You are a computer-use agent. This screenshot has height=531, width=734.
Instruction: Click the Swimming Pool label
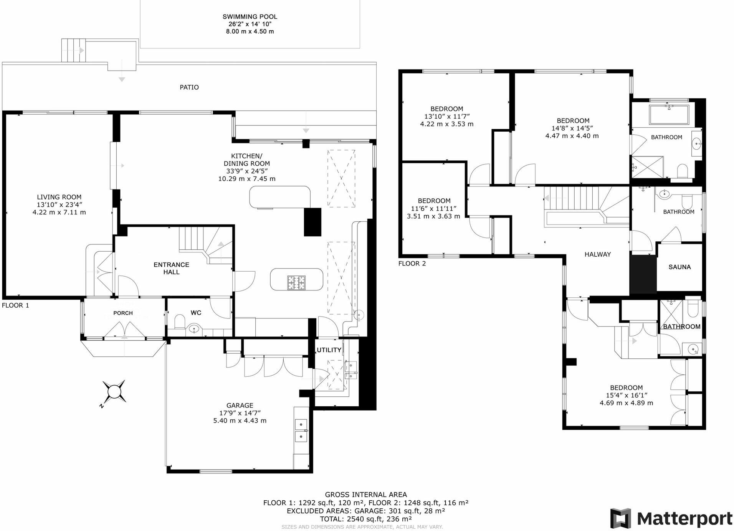point(250,16)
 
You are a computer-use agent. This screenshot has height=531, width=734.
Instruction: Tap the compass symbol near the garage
point(114,392)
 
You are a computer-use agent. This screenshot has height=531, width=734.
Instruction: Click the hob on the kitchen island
point(296,283)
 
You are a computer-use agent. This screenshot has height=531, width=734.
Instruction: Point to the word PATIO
point(189,87)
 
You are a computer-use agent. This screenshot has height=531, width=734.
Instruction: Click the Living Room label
point(59,197)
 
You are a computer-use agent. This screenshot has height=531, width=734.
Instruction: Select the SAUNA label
point(679,267)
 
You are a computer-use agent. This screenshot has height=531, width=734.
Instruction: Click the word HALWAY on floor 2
point(597,254)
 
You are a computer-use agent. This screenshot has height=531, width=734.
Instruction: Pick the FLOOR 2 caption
point(412,264)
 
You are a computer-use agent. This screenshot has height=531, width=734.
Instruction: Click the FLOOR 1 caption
point(15,305)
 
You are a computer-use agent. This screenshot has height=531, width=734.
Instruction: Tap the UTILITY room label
point(329,350)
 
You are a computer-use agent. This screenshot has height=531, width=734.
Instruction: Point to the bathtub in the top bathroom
point(669,114)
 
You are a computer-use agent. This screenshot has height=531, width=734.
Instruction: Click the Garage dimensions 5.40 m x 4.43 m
point(240,421)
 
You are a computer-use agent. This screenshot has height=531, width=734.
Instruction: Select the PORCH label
point(123,313)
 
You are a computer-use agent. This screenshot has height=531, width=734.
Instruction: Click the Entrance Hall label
point(171,268)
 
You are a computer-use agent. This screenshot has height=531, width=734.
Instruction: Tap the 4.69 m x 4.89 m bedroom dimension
point(626,403)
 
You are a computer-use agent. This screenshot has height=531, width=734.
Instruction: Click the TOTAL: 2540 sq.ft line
point(365,519)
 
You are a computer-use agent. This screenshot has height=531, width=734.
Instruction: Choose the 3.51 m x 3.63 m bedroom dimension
point(433,216)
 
